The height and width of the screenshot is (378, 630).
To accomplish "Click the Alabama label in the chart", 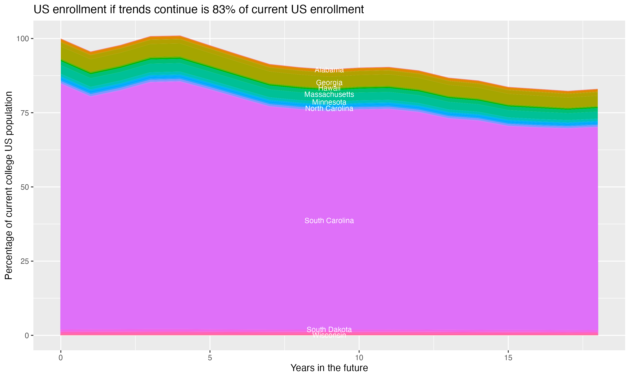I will click(x=329, y=70).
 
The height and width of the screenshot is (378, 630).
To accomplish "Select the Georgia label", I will click(x=329, y=83).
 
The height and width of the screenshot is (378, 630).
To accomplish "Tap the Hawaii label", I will click(x=329, y=88).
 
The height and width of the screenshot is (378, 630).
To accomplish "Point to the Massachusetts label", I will click(x=329, y=94).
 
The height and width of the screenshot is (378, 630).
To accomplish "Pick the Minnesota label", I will click(x=329, y=102).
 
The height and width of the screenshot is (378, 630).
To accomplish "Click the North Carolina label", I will click(x=329, y=109).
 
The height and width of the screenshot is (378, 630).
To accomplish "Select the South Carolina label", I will click(x=329, y=220).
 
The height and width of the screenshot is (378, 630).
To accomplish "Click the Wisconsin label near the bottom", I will click(x=329, y=335).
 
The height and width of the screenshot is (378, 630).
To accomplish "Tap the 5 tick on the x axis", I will click(x=210, y=358).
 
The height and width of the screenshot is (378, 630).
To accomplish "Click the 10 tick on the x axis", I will click(x=359, y=358).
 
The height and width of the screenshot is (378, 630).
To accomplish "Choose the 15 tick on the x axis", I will click(x=508, y=358).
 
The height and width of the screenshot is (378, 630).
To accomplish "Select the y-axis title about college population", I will click(x=9, y=185).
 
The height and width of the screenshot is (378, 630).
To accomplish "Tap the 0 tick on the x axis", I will click(x=61, y=358).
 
